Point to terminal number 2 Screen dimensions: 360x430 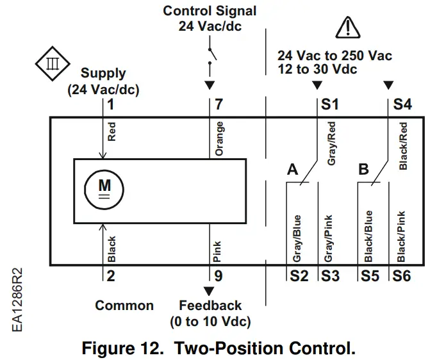tap(110, 277)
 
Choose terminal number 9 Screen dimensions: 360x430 tap(219, 277)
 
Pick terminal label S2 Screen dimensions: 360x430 tap(298, 277)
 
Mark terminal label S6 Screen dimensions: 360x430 tap(401, 277)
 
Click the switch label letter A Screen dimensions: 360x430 tap(293, 170)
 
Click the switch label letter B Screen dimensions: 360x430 tap(363, 170)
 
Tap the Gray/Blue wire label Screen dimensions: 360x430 tap(297, 237)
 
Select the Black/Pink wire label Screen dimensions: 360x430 tap(401, 236)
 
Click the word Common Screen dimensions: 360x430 tap(124, 306)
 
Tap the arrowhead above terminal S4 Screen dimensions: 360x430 tap(388, 86)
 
